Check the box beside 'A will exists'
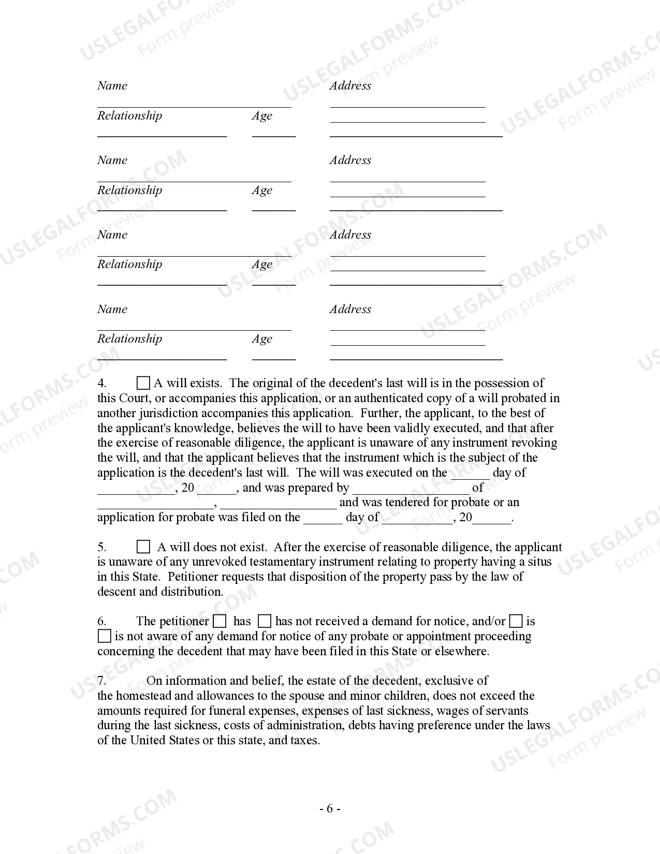click(x=143, y=383)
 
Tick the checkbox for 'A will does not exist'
click(x=143, y=547)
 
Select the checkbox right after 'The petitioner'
click(x=220, y=621)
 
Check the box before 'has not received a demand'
click(x=265, y=621)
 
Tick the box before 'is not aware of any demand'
click(x=104, y=636)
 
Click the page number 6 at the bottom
click(x=330, y=809)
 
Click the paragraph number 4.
click(x=102, y=384)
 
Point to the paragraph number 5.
click(x=102, y=548)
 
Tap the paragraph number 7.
click(x=102, y=681)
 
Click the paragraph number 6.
click(x=102, y=622)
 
